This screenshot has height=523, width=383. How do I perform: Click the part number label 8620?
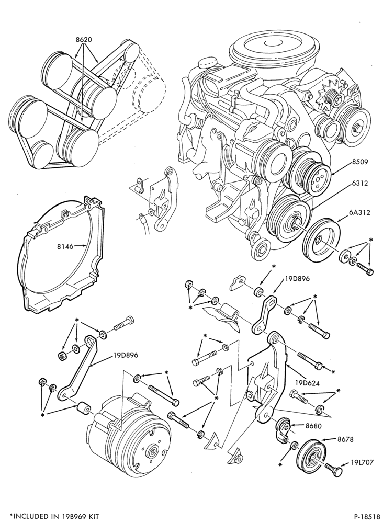(x=84, y=39)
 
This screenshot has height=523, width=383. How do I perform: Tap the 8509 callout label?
(x=359, y=162)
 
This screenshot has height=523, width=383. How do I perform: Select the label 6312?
(x=359, y=183)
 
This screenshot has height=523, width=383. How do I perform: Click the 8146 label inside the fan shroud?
(x=64, y=247)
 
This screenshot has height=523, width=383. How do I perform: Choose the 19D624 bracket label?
(x=308, y=383)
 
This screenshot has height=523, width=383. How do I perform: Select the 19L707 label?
(x=362, y=462)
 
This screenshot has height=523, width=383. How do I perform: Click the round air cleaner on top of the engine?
(x=274, y=50)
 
